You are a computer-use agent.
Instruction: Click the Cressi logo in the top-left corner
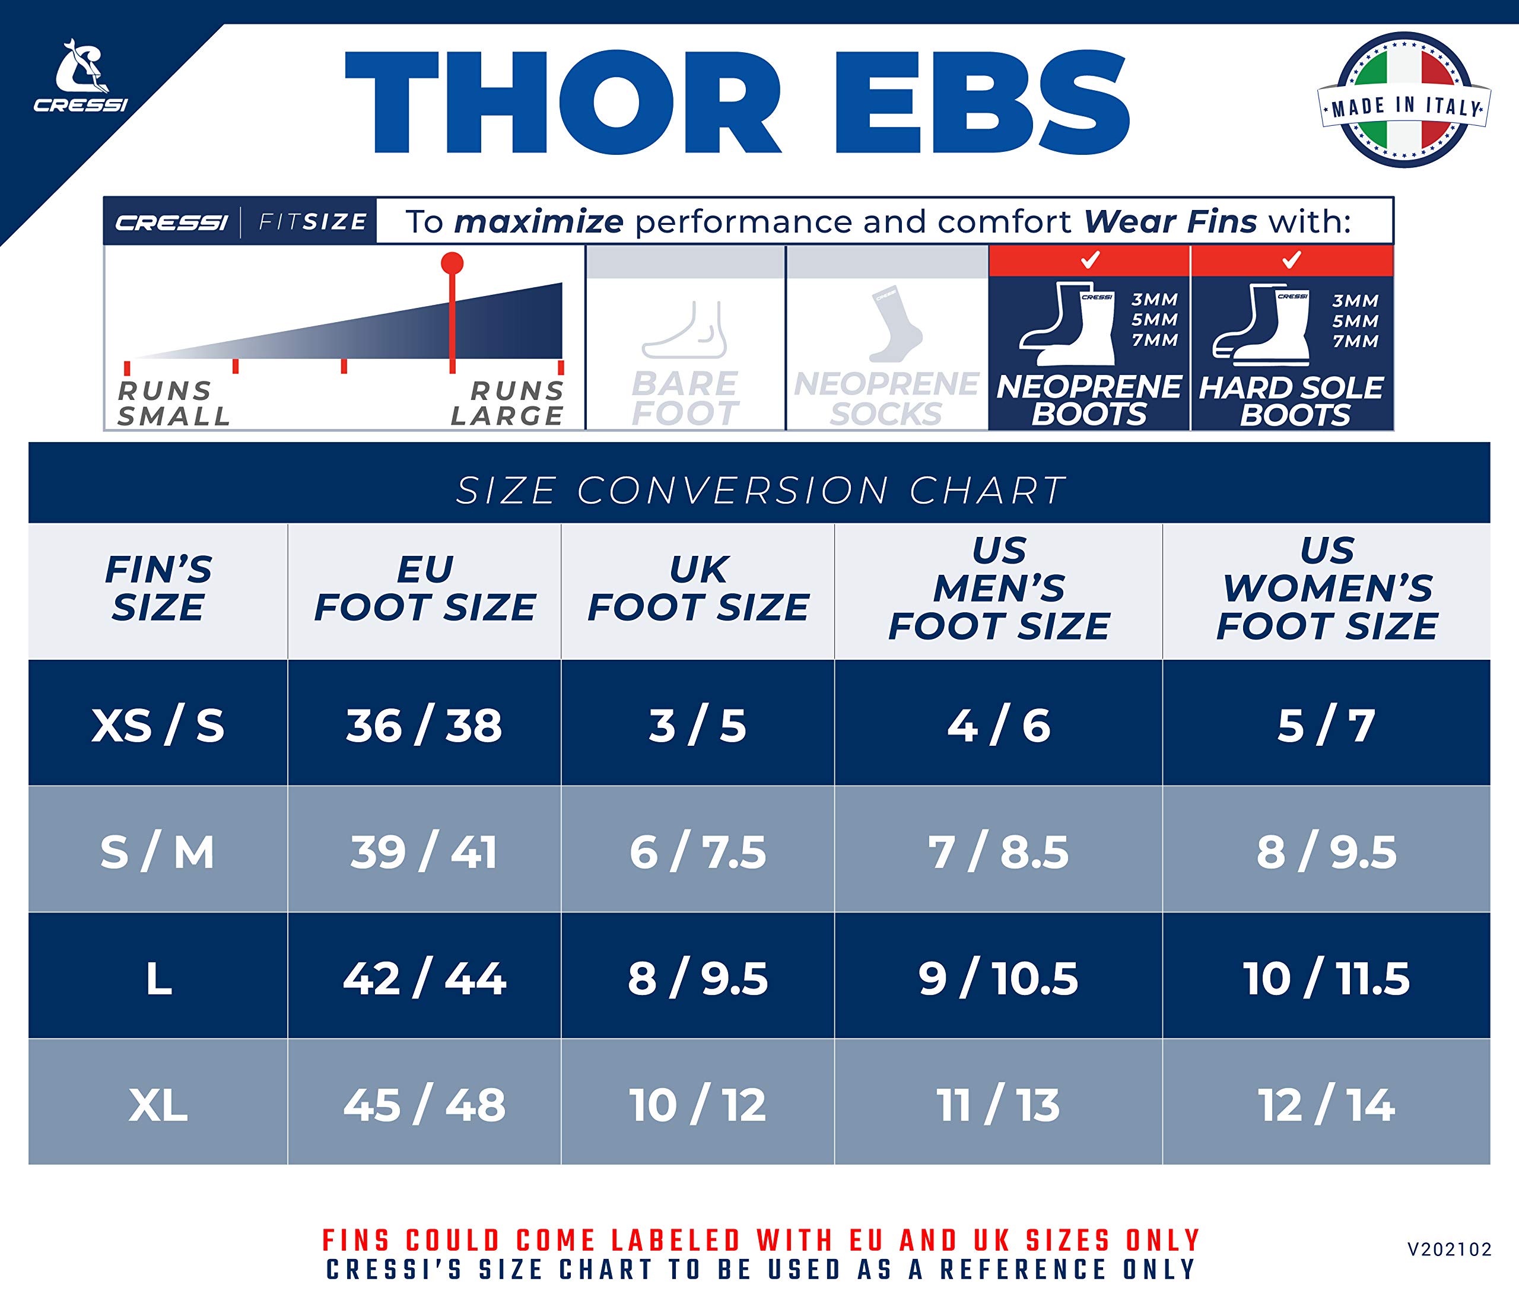(x=81, y=75)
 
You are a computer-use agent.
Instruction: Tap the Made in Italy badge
(x=1404, y=100)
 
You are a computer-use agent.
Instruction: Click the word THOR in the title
(x=563, y=103)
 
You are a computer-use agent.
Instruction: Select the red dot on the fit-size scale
(x=452, y=263)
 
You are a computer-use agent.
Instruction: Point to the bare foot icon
(x=685, y=329)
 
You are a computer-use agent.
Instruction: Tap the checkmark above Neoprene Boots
(x=1090, y=260)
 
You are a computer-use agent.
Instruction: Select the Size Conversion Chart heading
(x=760, y=489)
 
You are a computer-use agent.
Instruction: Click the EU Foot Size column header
(x=425, y=589)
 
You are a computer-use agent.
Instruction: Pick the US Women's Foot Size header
(x=1327, y=589)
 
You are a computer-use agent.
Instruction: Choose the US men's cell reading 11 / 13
(x=999, y=1105)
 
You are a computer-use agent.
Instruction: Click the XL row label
(x=158, y=1105)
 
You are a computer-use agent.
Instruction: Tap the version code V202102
(x=1450, y=1249)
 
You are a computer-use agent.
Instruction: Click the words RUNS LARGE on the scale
(x=507, y=403)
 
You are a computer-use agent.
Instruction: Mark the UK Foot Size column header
(x=698, y=589)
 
